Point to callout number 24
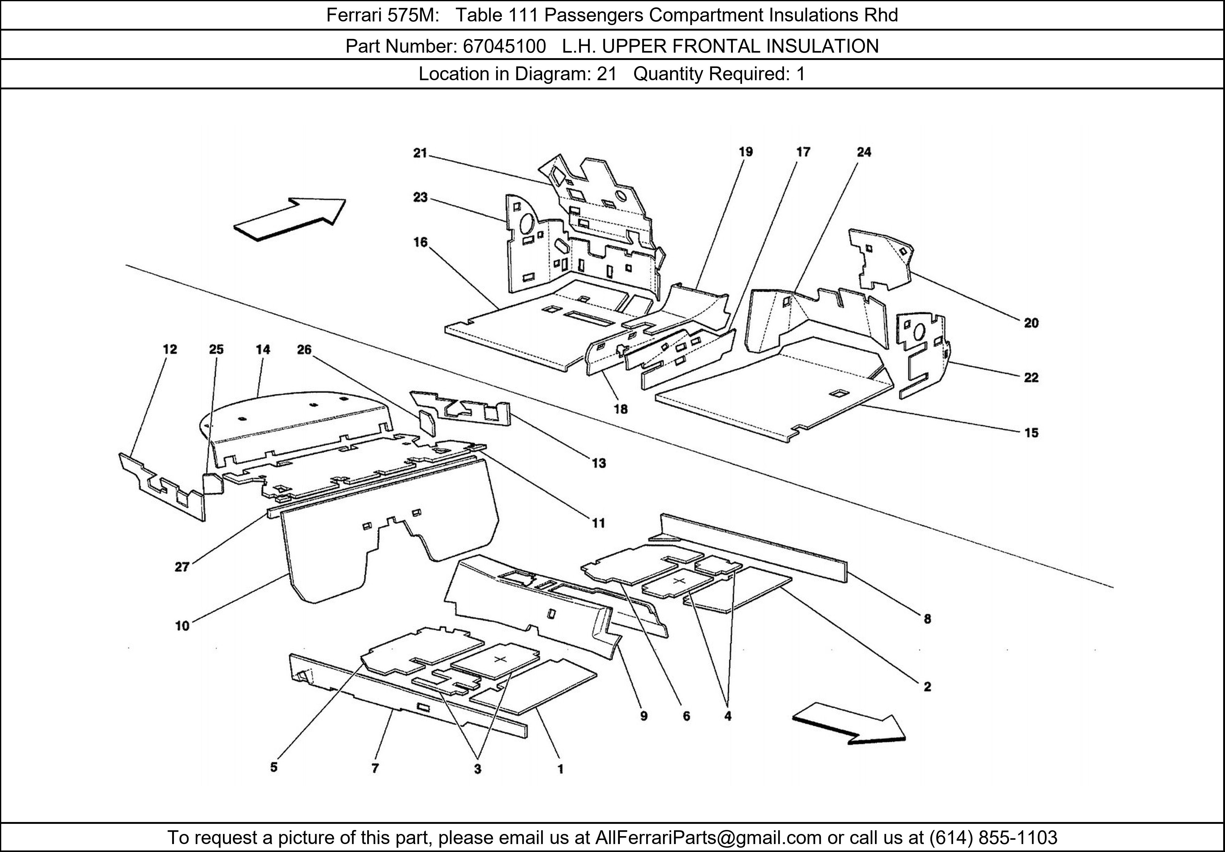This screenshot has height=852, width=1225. point(864,152)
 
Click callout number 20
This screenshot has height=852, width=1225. point(1031,323)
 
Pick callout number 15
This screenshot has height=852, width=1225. point(1031,433)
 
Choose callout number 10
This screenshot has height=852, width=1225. point(182,626)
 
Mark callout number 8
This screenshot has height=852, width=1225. point(927,619)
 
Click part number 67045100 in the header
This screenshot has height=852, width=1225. point(504,47)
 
